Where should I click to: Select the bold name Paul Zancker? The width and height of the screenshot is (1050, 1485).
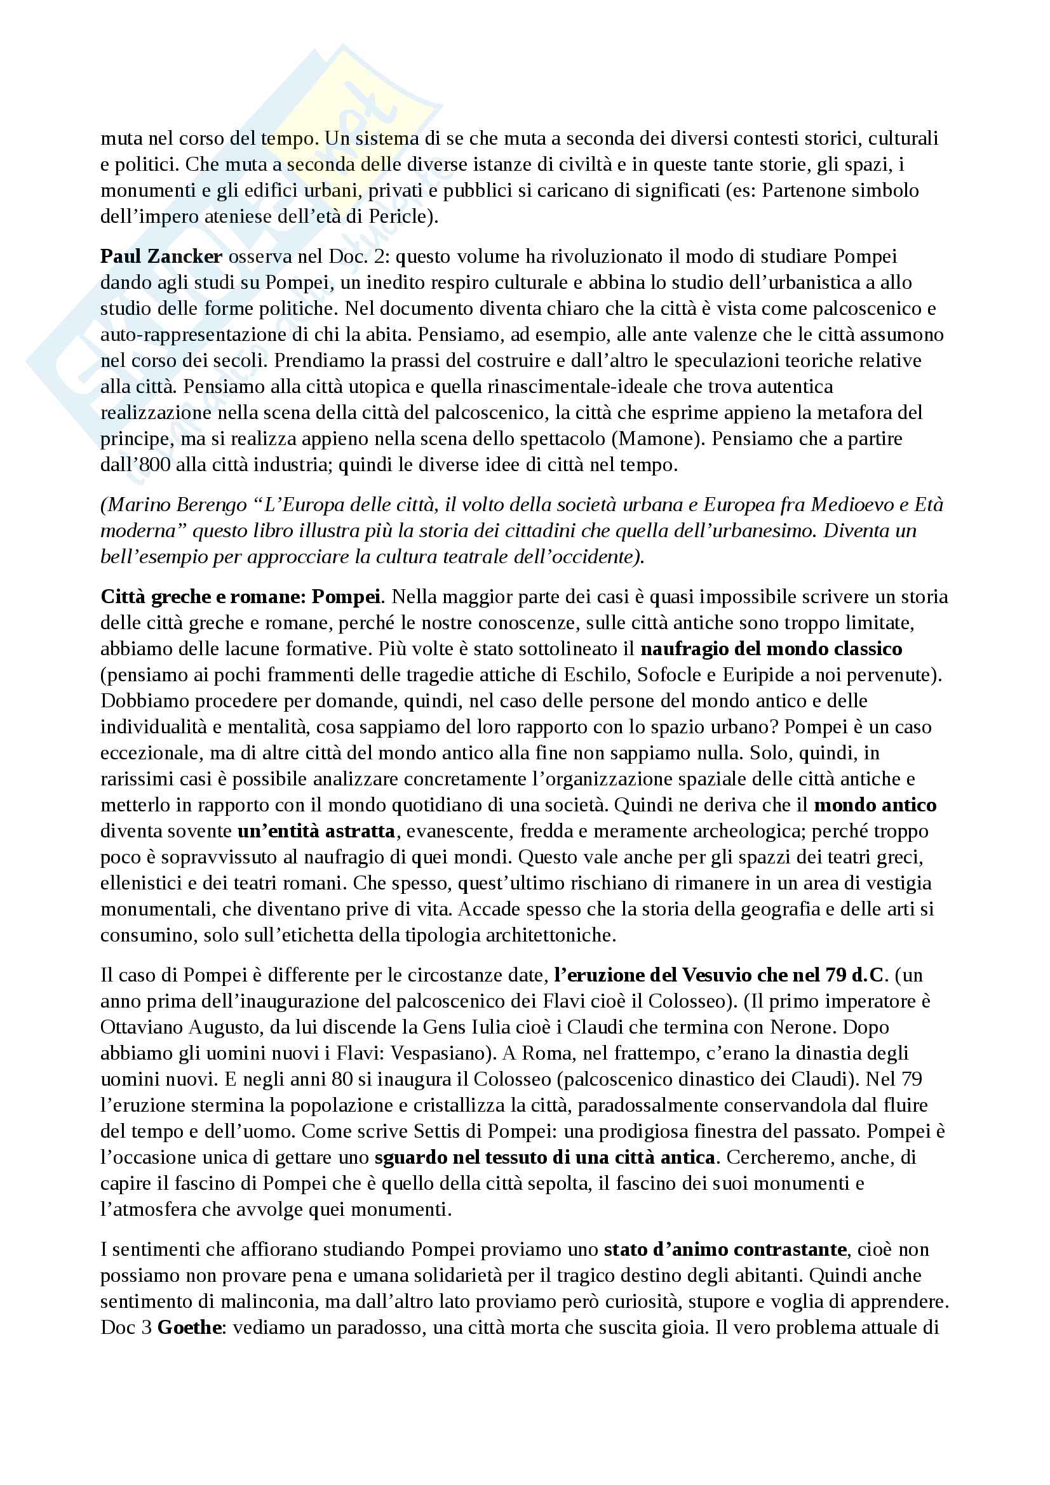(x=161, y=256)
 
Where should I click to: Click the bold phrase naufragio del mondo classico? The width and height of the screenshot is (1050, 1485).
(x=771, y=649)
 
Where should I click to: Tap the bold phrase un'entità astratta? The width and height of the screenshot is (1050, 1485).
(x=316, y=831)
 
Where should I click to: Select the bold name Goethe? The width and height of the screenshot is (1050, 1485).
(x=190, y=1328)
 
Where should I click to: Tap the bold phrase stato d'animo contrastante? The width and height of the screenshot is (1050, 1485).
(x=725, y=1249)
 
